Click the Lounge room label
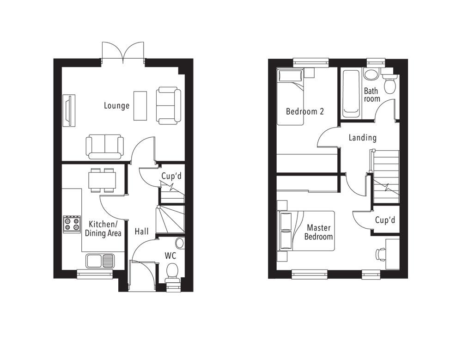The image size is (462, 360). [116, 106]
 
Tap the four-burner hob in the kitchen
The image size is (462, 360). [71, 224]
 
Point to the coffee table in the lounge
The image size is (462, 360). [140, 106]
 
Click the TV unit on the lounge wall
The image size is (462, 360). [69, 110]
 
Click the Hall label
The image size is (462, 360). [141, 231]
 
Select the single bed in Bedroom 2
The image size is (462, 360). [290, 97]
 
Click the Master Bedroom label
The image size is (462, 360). [319, 232]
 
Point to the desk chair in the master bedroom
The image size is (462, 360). [380, 253]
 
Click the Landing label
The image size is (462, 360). [362, 137]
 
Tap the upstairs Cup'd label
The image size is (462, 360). [385, 220]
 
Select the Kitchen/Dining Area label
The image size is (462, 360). [105, 229]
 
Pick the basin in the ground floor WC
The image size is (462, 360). [180, 243]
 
